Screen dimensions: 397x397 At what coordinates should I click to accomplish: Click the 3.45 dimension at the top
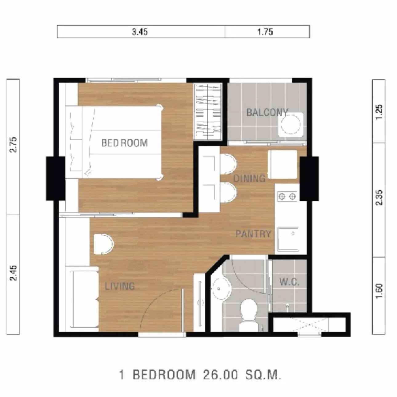[140, 32]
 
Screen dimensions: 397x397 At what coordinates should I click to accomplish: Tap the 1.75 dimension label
[265, 32]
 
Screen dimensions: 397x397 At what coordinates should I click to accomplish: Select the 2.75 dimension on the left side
[14, 144]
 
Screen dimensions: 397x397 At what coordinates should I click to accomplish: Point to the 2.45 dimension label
[14, 273]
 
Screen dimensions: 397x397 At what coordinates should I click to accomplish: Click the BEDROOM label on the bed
[125, 143]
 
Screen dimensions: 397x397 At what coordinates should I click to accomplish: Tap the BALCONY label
[267, 113]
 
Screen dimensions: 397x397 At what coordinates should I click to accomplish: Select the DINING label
[249, 178]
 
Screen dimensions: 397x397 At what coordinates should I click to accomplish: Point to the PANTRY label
[253, 234]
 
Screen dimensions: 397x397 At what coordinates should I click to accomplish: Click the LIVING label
[120, 286]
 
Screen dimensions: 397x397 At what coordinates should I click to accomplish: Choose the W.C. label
[290, 282]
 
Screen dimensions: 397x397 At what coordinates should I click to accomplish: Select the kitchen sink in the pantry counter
[288, 239]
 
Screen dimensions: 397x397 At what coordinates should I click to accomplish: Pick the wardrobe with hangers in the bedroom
[208, 111]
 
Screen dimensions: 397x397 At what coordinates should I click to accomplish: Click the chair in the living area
[103, 244]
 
